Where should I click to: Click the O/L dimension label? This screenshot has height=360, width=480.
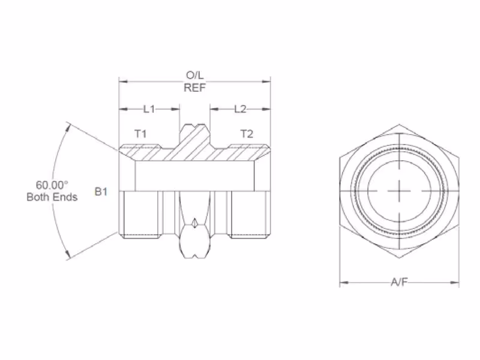click(194, 75)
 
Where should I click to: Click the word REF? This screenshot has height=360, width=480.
click(194, 88)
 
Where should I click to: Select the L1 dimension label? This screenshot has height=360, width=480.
click(149, 109)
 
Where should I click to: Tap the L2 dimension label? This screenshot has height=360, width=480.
click(241, 109)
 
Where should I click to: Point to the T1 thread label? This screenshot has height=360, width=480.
click(140, 134)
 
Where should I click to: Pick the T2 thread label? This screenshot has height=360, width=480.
click(247, 134)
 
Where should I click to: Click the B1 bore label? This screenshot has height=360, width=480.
click(101, 191)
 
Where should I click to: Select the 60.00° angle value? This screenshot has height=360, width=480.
click(52, 185)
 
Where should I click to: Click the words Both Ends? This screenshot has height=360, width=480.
click(52, 197)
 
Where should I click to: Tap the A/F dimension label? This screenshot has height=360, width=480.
click(399, 282)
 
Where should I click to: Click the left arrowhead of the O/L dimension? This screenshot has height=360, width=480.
click(123, 82)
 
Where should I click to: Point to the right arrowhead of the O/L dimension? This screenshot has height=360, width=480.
click(266, 82)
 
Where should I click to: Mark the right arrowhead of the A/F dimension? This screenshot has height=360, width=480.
click(455, 283)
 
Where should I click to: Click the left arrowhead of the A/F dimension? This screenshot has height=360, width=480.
click(344, 283)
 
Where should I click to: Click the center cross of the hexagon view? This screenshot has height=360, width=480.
click(400, 191)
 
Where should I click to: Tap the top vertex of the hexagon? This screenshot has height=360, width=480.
click(399, 124)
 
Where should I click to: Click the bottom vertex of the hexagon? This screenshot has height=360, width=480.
click(399, 258)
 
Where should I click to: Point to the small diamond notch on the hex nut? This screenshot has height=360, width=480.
click(194, 223)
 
